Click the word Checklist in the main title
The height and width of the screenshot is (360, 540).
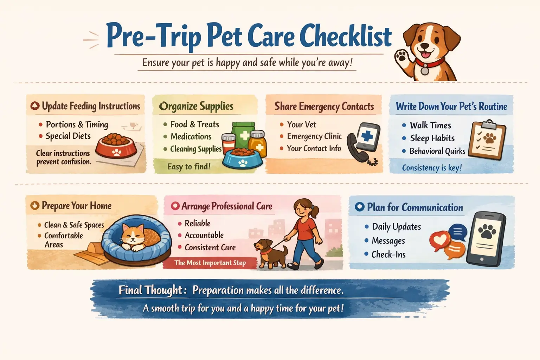tap(346, 36)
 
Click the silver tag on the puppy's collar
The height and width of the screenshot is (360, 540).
tap(425, 70)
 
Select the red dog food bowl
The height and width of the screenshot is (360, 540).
tap(116, 146)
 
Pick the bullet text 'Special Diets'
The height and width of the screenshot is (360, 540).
tap(68, 136)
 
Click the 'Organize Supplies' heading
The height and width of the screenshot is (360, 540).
tap(196, 107)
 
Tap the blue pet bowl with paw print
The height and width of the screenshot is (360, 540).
tap(242, 159)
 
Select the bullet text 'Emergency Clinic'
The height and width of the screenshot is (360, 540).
tap(314, 136)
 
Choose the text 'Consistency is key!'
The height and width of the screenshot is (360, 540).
tap(432, 168)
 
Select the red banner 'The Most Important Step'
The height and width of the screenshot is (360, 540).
tap(210, 263)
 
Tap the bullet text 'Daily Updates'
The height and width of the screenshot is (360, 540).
tap(396, 227)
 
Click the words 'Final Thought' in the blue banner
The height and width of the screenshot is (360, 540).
tap(151, 290)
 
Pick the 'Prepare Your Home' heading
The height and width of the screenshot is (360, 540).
tap(76, 206)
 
